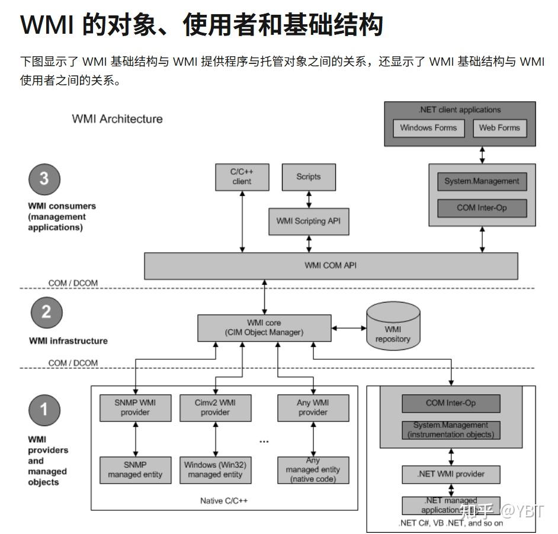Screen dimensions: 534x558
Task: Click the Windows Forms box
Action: [428, 128]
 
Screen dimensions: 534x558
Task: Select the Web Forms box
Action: [499, 128]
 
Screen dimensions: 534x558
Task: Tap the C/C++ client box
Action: [242, 176]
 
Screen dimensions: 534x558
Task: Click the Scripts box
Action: [308, 176]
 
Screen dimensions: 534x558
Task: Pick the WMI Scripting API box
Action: [309, 221]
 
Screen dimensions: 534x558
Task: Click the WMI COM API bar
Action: [331, 265]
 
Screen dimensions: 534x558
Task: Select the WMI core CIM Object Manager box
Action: [264, 327]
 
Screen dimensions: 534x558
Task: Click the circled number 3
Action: [44, 178]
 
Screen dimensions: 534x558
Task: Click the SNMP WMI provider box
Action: [136, 407]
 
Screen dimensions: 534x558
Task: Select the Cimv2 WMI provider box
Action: [215, 407]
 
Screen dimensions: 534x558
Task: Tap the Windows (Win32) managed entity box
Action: [215, 469]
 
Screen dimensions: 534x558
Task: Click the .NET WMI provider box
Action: [451, 474]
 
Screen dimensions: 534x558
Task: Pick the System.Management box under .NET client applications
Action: [482, 181]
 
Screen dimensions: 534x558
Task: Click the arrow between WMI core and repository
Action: [349, 327]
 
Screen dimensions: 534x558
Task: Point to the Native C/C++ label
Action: [224, 501]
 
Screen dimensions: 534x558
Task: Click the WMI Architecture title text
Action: [117, 119]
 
